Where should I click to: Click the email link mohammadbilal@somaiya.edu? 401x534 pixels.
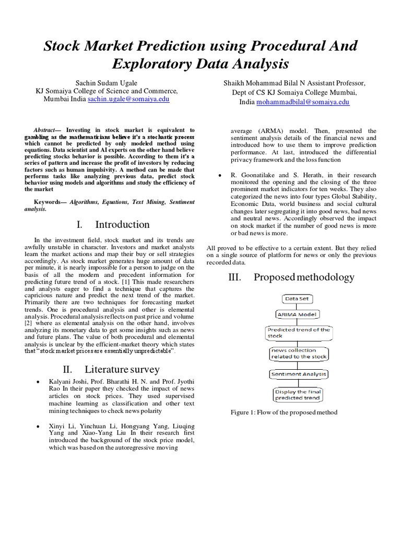tap(302, 102)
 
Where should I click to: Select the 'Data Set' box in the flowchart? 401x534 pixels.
tap(297, 299)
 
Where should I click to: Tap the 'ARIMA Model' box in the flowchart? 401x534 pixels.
tap(297, 314)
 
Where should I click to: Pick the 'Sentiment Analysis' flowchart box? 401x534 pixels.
tap(298, 374)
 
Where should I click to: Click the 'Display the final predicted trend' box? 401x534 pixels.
tap(298, 394)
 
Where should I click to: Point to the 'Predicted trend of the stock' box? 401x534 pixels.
tap(298, 333)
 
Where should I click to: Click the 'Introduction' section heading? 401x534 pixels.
tap(122, 225)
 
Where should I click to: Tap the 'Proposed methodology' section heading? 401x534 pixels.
tap(304, 277)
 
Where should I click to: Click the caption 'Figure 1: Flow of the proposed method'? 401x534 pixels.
tap(285, 412)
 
